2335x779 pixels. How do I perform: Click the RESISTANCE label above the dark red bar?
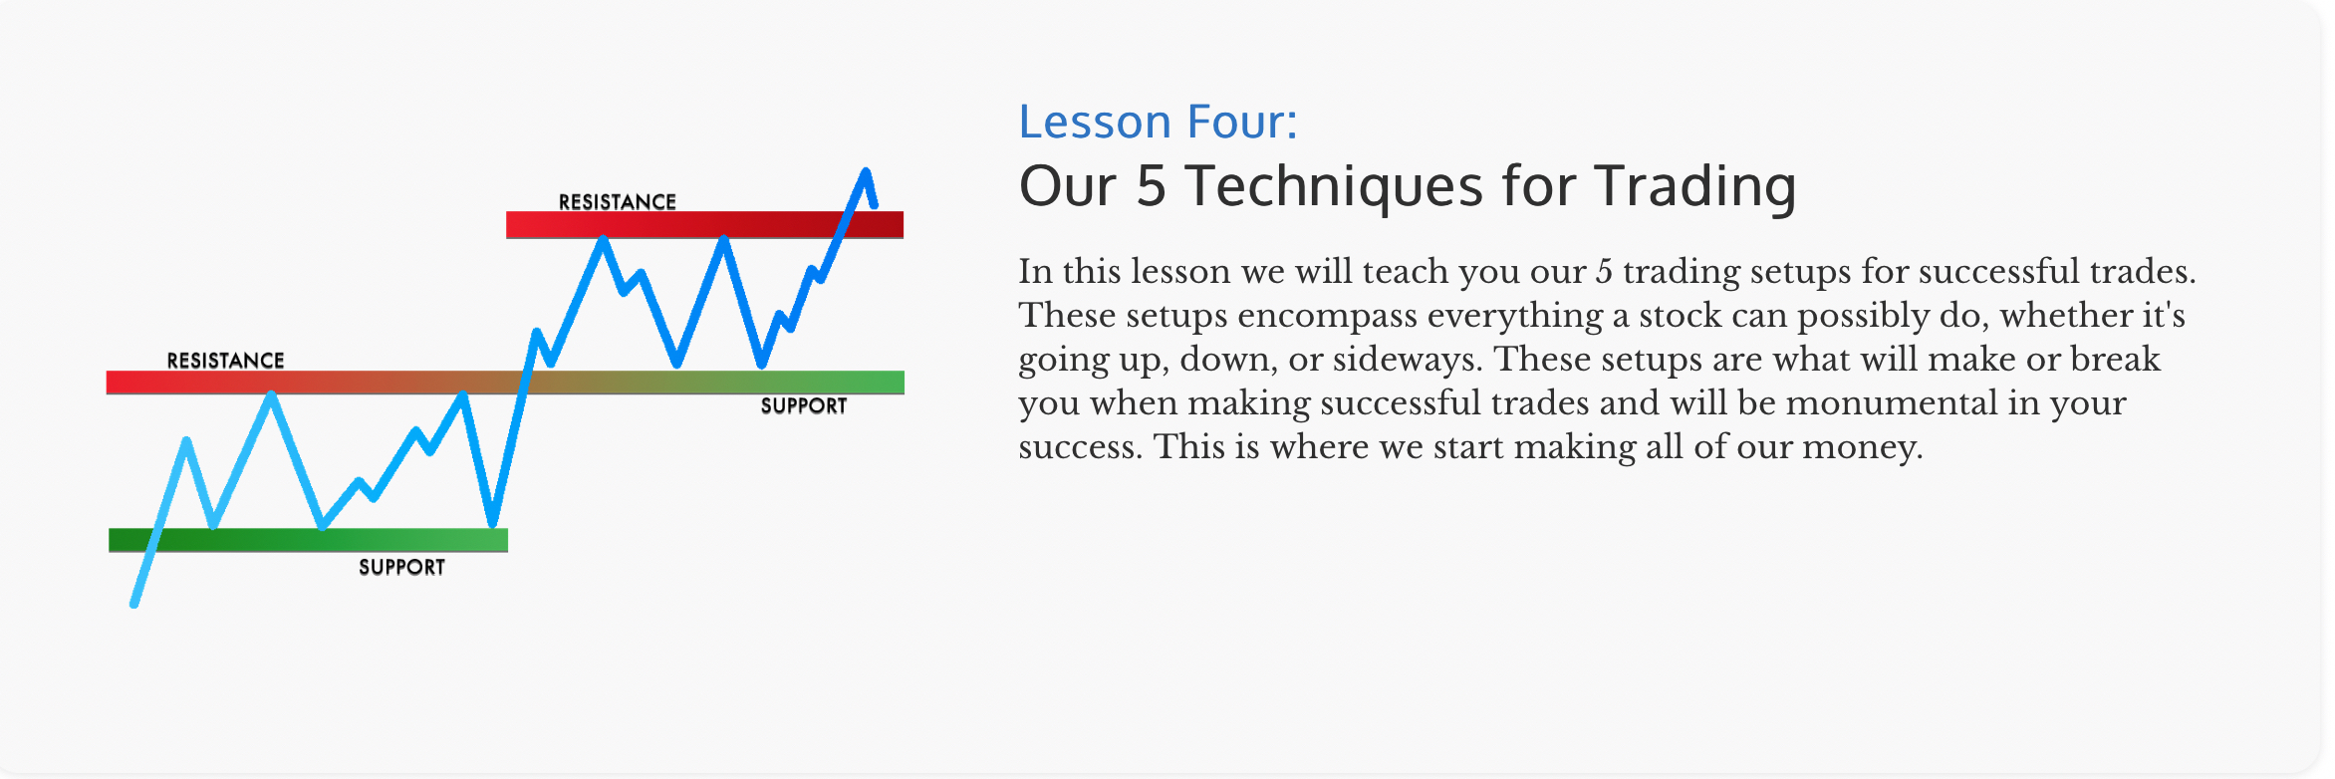click(618, 201)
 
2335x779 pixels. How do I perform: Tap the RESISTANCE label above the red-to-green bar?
click(225, 360)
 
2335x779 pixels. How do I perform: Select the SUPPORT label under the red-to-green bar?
click(804, 405)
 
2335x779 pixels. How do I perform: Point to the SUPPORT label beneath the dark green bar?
click(401, 567)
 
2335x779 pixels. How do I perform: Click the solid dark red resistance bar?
click(704, 224)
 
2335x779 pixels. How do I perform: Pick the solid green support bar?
click(308, 540)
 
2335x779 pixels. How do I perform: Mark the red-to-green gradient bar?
click(505, 383)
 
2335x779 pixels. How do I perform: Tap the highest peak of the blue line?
click(866, 172)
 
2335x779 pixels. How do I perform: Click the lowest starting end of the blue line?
click(134, 603)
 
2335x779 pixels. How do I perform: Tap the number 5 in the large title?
click(1152, 186)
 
